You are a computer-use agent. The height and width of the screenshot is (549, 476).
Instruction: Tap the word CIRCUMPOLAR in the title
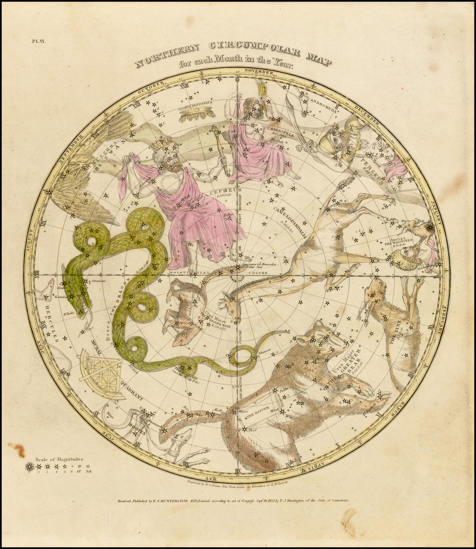pyautogui.click(x=248, y=49)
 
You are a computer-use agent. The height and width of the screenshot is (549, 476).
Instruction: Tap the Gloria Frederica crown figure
pyautogui.click(x=197, y=112)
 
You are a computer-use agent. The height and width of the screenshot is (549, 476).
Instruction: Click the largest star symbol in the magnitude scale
pyautogui.click(x=30, y=466)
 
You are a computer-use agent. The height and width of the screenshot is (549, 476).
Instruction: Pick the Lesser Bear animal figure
pyautogui.click(x=186, y=311)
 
